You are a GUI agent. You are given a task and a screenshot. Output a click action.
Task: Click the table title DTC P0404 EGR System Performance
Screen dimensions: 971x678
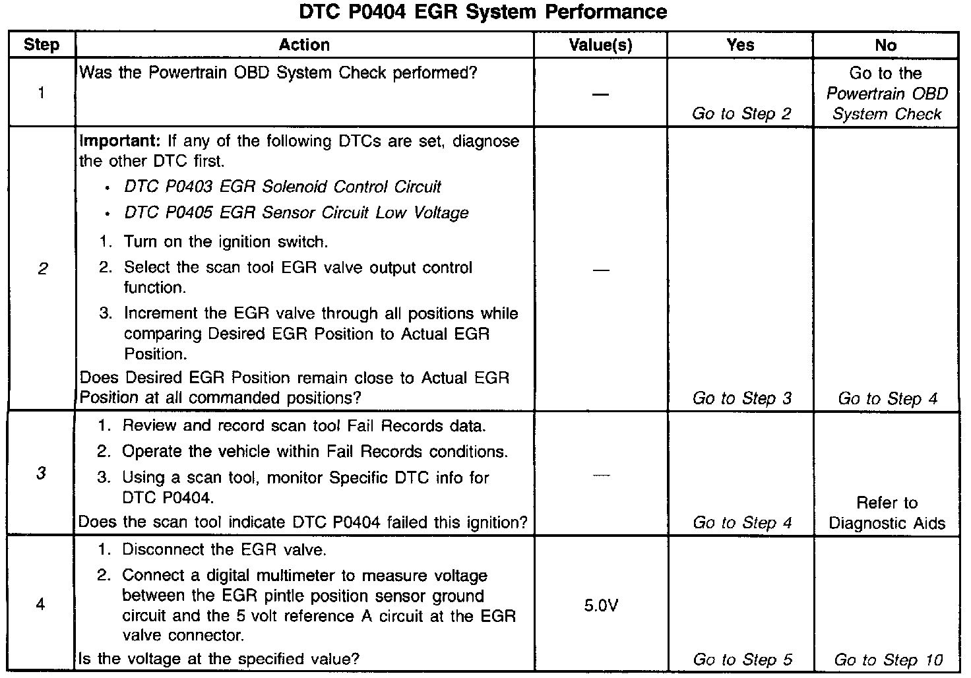[483, 12]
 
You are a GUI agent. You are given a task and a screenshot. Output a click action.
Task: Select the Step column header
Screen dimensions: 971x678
[41, 45]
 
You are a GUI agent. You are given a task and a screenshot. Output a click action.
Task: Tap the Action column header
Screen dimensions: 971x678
[304, 45]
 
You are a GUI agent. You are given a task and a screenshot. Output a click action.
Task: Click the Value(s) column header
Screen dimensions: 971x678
[600, 45]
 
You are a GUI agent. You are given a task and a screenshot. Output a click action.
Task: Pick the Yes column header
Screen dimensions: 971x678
[740, 45]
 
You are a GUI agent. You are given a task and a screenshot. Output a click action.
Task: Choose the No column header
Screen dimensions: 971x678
[885, 45]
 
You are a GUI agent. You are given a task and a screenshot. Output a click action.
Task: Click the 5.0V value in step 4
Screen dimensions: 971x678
[601, 605]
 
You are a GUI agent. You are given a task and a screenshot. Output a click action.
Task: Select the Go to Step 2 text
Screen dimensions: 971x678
[741, 113]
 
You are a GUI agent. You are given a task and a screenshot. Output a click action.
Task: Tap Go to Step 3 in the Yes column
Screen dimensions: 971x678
[741, 398]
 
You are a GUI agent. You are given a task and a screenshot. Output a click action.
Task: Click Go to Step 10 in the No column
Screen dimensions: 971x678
[888, 660]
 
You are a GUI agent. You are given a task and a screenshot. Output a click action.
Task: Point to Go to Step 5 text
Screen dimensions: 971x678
[741, 660]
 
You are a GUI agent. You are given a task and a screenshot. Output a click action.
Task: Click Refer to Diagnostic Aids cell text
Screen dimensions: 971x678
[887, 513]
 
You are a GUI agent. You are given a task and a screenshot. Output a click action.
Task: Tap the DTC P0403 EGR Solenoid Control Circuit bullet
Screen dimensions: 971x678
[282, 187]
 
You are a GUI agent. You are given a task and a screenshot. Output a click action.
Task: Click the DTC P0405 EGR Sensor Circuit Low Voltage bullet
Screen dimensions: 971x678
[296, 213]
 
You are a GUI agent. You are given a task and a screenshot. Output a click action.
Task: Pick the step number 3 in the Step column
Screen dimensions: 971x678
[41, 474]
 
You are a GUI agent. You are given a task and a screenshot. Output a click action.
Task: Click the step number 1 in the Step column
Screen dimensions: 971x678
[41, 92]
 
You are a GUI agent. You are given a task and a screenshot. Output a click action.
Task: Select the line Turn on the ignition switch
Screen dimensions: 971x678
[226, 242]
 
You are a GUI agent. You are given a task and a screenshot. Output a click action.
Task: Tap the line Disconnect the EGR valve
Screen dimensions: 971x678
[224, 550]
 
